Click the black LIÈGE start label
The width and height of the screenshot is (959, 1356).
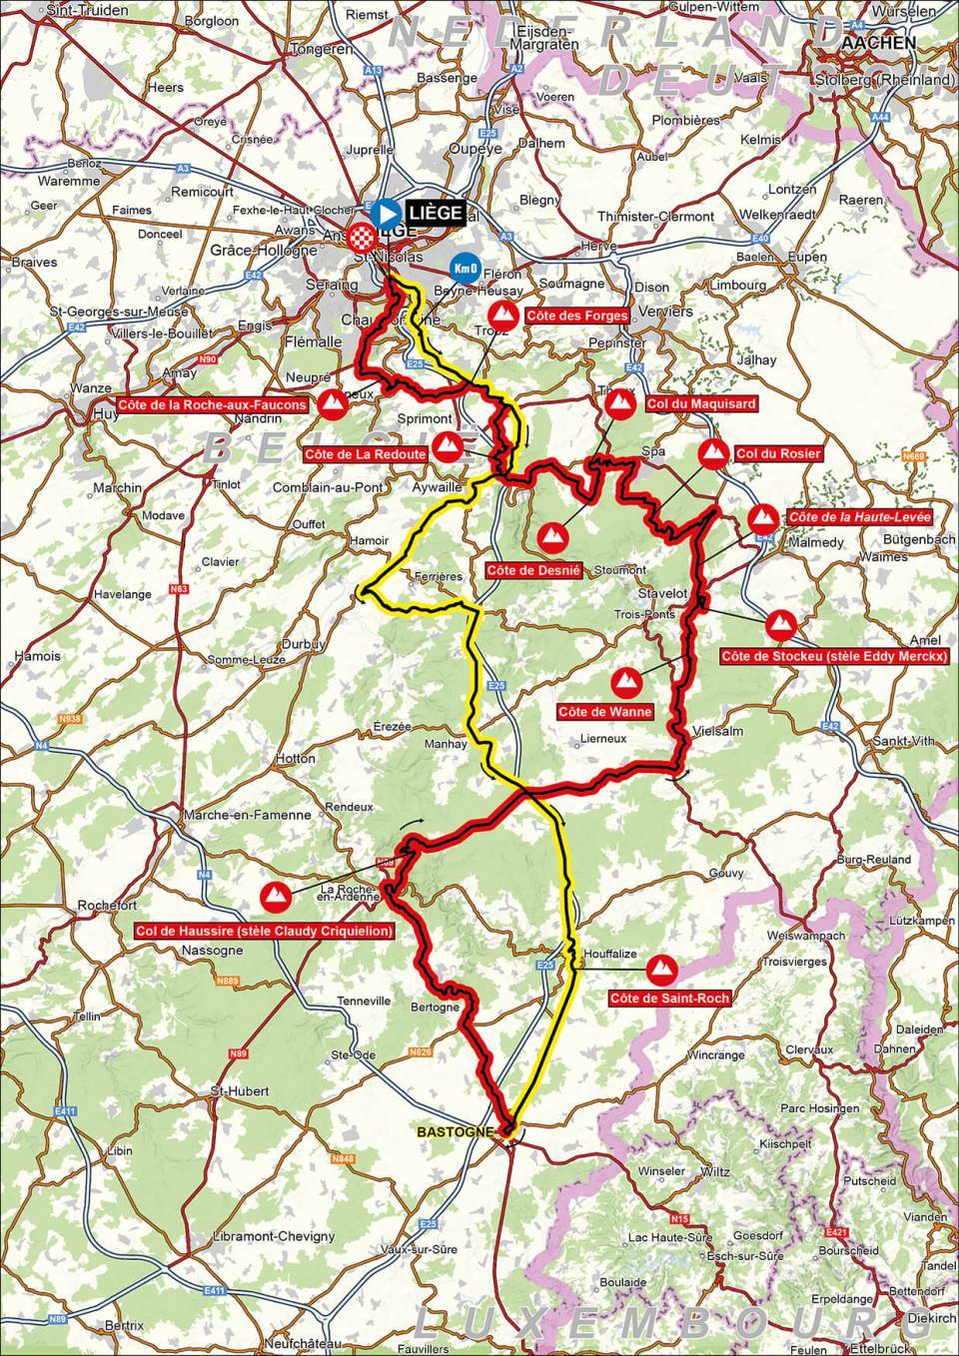(x=435, y=212)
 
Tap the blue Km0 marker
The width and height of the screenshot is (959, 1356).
(x=463, y=268)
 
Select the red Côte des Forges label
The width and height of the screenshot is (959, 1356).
(x=578, y=317)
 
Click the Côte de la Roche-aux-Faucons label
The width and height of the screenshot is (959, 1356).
(x=212, y=404)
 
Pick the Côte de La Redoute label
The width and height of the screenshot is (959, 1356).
(x=366, y=454)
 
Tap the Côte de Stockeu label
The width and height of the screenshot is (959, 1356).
(x=834, y=656)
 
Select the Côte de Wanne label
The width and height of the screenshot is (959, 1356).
(x=605, y=712)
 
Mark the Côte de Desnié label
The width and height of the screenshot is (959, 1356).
(x=524, y=570)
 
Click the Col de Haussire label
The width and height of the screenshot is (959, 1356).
(x=264, y=931)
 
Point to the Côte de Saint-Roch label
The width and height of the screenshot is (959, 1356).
(x=669, y=998)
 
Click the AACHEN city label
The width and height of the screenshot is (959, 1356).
(x=879, y=44)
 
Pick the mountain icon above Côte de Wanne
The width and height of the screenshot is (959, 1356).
(x=626, y=681)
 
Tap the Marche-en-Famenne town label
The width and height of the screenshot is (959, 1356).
(x=248, y=815)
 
